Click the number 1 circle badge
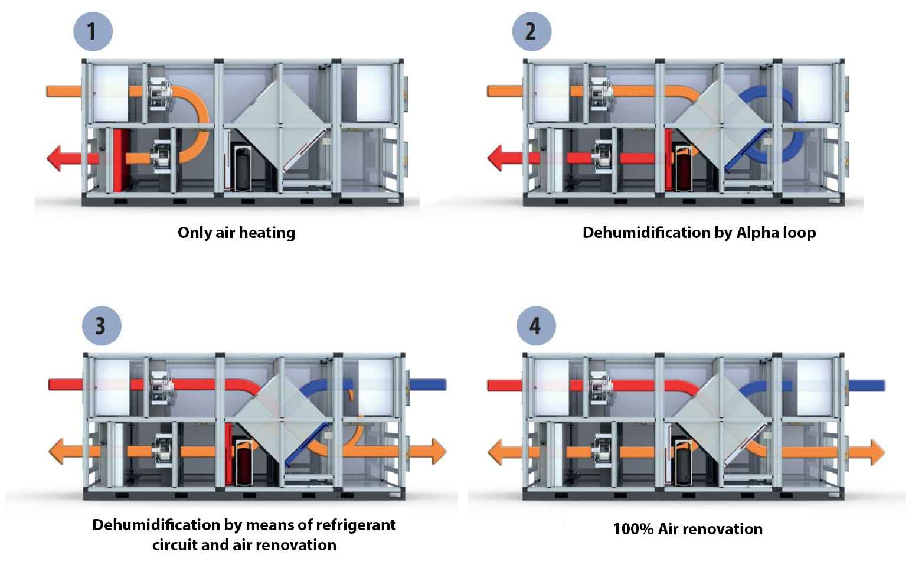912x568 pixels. coord(93,31)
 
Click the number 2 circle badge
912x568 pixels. coord(531,31)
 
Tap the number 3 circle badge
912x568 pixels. coord(102,325)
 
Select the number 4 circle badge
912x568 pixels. coord(535,325)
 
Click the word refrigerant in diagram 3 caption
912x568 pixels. coord(356,525)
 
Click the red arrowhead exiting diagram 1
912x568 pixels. coord(55,159)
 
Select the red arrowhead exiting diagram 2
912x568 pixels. coord(496,159)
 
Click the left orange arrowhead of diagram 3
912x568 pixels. coord(57,452)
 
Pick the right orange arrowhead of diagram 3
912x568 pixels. coord(437,452)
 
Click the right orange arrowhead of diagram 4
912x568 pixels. coord(876,453)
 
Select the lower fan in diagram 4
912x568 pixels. coord(604,452)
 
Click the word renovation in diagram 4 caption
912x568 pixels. coord(726,529)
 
